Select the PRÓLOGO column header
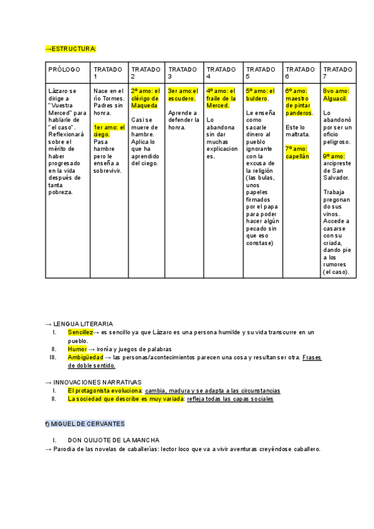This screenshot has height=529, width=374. coord(64,69)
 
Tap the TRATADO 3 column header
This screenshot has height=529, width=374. coord(183,72)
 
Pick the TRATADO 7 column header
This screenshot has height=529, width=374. coord(337,72)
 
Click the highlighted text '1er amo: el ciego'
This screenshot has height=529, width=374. coord(108,130)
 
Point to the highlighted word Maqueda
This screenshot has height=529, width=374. coord(145,105)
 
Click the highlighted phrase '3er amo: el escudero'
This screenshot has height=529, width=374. coord(183,94)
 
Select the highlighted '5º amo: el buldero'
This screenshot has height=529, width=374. coord(260,94)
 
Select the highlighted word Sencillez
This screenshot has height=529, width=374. coord(80,332)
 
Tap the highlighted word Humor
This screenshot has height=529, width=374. coord(77,349)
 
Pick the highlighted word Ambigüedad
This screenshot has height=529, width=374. coord(85,357)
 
